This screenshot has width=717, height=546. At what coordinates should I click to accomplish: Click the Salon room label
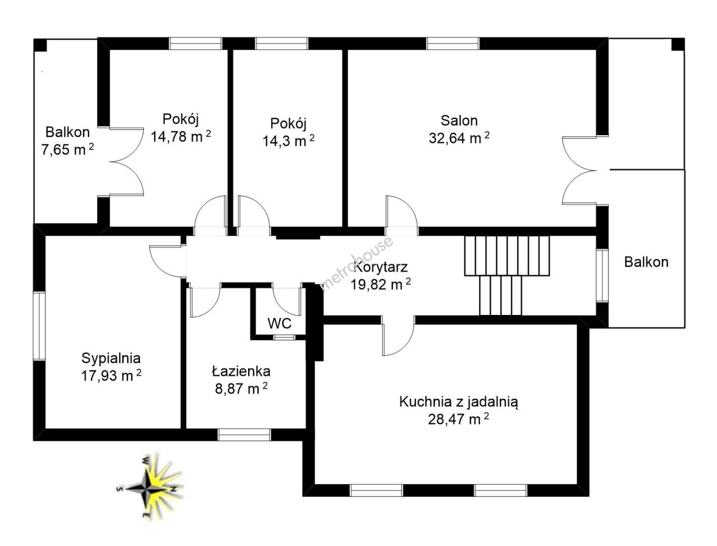point(459,120)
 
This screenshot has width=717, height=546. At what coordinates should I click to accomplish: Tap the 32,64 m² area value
point(459,138)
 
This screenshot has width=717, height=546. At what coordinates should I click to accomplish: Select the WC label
point(279,324)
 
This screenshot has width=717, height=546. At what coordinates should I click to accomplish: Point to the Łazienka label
point(241,371)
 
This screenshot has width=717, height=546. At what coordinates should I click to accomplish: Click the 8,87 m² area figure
point(241,388)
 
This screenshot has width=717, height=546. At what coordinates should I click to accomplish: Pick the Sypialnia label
point(111,358)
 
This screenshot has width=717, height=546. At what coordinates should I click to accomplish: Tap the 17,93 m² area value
point(111,376)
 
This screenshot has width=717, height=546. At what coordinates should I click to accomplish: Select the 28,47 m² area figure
point(458,419)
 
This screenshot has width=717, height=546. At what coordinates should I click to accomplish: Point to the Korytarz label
point(381,267)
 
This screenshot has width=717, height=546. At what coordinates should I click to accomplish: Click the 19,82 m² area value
point(380,284)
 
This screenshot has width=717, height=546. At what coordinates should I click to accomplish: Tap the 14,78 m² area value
point(180,136)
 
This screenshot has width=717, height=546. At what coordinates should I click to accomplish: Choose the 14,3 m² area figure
point(289,141)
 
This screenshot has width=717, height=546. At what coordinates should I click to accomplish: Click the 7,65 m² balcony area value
point(68,149)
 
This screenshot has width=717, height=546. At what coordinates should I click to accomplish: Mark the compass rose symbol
point(149,488)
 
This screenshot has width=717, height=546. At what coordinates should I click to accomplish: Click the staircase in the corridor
point(507,275)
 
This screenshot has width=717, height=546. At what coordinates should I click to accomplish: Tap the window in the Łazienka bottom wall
point(244,435)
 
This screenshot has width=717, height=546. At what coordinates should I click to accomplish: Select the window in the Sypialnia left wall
point(39,326)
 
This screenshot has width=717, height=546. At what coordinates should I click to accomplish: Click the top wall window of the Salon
point(453,43)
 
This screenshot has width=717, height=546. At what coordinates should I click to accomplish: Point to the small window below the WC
point(279,337)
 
